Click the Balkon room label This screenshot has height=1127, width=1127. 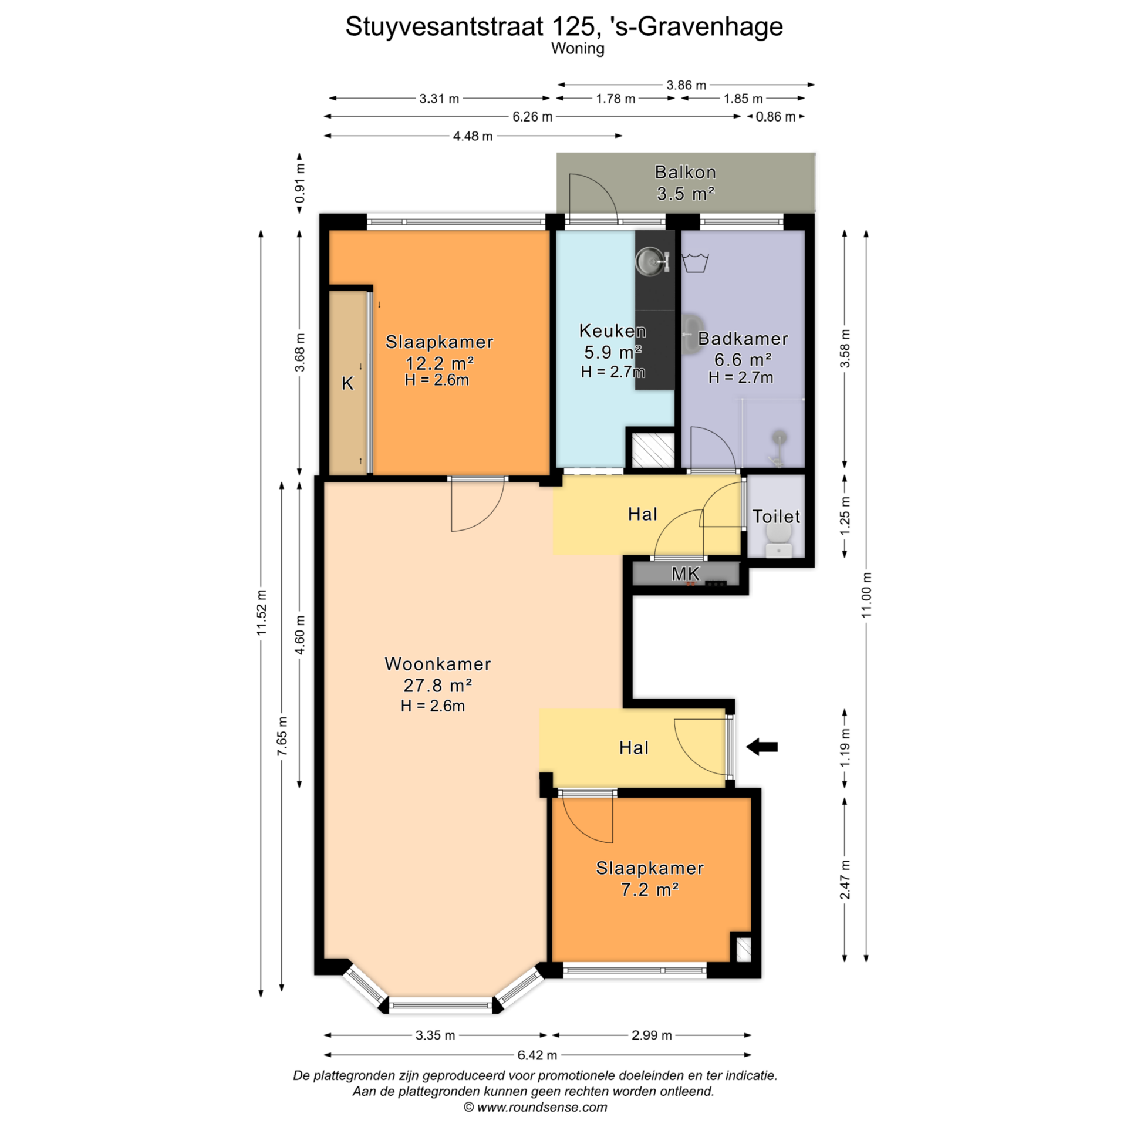click(x=685, y=172)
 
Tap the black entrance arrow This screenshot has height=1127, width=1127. click(x=761, y=747)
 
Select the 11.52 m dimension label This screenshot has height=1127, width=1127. click(x=261, y=612)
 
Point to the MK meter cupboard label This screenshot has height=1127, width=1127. click(x=685, y=573)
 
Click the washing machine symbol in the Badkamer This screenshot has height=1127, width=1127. click(x=696, y=262)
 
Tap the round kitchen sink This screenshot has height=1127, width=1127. click(x=650, y=261)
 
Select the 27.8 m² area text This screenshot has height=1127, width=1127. click(x=437, y=685)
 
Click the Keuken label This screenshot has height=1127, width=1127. click(x=612, y=330)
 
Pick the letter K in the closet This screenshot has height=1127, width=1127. click(x=347, y=383)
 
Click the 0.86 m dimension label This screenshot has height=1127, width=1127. click(x=775, y=117)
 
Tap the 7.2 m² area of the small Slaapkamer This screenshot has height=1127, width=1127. click(x=650, y=889)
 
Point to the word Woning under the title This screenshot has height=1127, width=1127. click(x=578, y=48)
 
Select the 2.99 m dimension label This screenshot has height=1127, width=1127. click(x=652, y=1035)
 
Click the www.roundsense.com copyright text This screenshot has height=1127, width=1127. click(x=535, y=1107)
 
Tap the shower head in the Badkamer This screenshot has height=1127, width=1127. click(x=779, y=437)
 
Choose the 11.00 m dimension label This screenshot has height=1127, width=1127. click(x=866, y=594)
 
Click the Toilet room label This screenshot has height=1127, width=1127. click(x=776, y=517)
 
